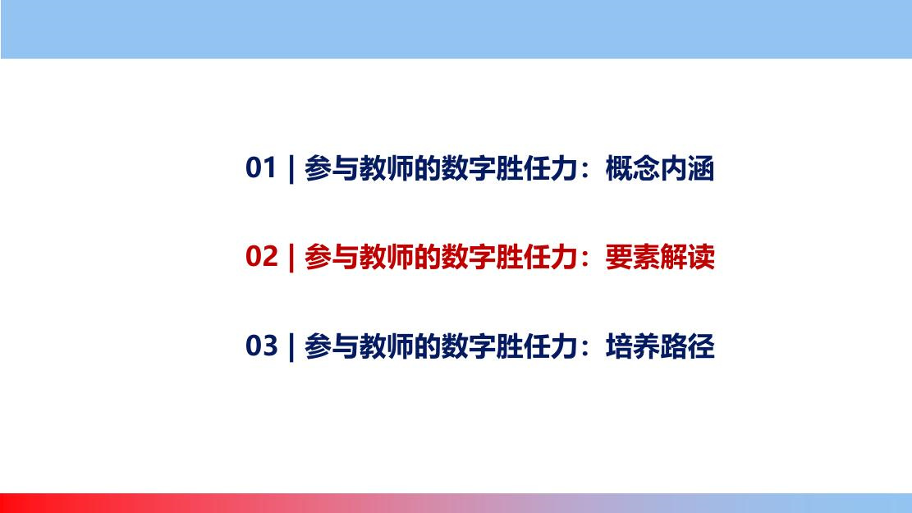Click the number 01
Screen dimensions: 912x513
pos(260,167)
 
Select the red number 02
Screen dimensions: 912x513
pos(261,256)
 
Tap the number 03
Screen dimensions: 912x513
pos(261,346)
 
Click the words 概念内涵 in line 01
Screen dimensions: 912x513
pos(659,168)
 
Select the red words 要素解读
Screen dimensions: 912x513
pos(659,257)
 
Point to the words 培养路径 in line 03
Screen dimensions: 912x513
pos(659,346)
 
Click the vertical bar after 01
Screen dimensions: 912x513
pos(291,169)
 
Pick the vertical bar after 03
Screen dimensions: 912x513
pos(291,347)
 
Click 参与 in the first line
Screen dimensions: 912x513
pos(332,168)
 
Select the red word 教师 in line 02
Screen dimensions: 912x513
pos(386,257)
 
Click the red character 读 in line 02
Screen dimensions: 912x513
pos(701,257)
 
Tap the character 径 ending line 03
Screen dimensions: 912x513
pos(701,346)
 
